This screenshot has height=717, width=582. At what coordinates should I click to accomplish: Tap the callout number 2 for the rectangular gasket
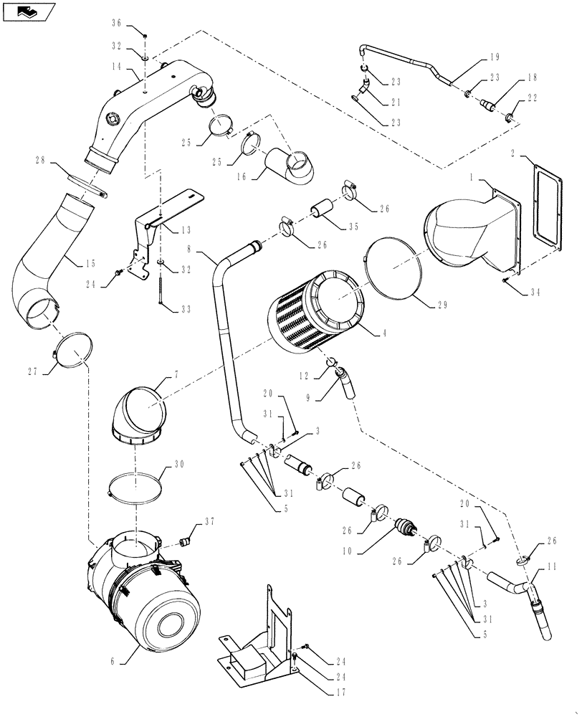515,154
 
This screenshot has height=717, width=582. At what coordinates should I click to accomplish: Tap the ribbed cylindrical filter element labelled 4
315,312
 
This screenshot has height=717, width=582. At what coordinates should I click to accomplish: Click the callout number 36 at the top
117,24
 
